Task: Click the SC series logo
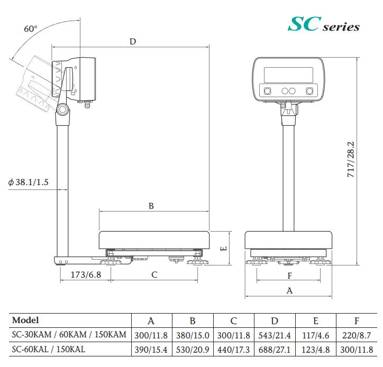pos(323,24)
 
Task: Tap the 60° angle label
pos(31,29)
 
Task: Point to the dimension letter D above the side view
pos(132,41)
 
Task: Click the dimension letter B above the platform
pos(151,206)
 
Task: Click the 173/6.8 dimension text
pos(85,274)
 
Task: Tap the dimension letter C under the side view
pos(154,274)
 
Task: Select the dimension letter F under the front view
pos(289,275)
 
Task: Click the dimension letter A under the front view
pos(289,290)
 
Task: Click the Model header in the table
pos(25,320)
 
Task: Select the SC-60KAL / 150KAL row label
pos(48,350)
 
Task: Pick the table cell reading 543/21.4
pos(274,335)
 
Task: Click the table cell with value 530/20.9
pos(193,350)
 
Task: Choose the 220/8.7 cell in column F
pos(357,335)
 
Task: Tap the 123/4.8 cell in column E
pos(315,350)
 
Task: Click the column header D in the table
pos(274,320)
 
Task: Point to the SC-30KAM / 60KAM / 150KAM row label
pos(69,335)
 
